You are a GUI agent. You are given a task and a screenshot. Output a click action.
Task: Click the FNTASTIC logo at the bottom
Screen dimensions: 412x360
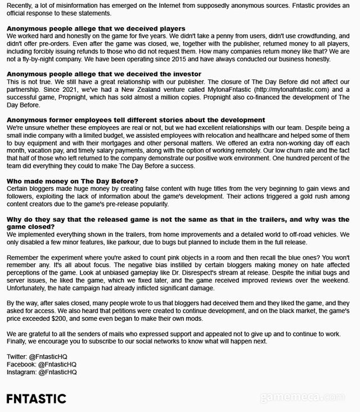click(x=36, y=398)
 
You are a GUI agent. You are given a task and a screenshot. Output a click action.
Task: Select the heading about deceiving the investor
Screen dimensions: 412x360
click(x=103, y=74)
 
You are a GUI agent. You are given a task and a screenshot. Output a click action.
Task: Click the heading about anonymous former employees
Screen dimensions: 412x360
click(x=136, y=120)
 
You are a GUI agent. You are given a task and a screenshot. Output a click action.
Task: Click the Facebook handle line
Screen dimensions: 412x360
click(x=45, y=364)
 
